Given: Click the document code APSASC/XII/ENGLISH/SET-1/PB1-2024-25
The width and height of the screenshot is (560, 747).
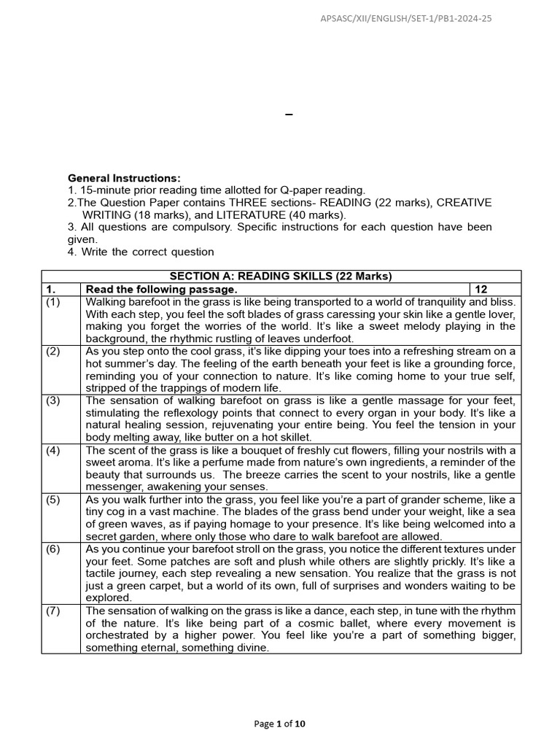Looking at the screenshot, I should pos(406,18).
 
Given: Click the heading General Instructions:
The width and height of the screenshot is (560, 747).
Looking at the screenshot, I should pos(124,178).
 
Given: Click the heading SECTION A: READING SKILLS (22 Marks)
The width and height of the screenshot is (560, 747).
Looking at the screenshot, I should pos(281,276).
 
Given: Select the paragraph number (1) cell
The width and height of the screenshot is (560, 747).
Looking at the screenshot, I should pos(54,301).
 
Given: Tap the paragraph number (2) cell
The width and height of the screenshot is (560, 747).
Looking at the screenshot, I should pos(54,351).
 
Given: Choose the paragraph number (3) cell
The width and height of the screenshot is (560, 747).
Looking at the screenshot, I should pos(54,400).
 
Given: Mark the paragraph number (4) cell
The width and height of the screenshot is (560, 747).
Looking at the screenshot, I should pos(54,450).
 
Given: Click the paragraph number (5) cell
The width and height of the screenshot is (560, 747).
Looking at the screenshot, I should pos(54,500).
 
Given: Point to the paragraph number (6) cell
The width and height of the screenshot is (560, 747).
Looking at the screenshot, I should pos(54,549).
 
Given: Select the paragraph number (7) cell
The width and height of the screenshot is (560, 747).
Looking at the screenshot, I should pos(54,611).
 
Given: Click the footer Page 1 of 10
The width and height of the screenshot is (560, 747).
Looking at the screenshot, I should pos(280,724).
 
